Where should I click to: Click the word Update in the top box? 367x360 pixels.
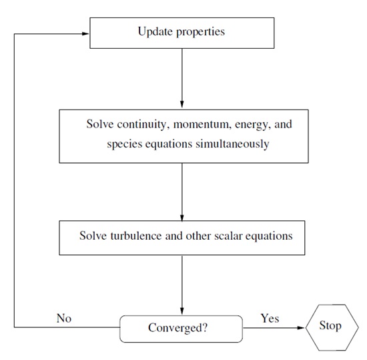(155, 31)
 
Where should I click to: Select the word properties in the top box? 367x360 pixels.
(201, 32)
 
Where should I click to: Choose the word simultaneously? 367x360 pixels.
(232, 144)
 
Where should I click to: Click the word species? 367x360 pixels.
(125, 144)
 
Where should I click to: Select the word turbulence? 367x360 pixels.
(136, 236)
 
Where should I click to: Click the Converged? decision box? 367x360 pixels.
(181, 329)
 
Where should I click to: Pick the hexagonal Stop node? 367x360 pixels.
(332, 327)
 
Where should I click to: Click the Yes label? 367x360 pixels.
(270, 319)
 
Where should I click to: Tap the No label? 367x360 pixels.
(64, 319)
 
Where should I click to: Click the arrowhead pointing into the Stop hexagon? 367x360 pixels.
(301, 328)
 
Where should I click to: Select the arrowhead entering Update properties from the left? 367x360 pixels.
(85, 33)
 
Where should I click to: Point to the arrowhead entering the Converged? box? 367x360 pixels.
(182, 311)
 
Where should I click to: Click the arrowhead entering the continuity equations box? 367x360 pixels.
(182, 105)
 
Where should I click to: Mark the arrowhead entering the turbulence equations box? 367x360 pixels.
(182, 217)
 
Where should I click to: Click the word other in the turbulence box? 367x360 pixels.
(198, 236)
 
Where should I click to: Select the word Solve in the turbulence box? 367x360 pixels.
(93, 236)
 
